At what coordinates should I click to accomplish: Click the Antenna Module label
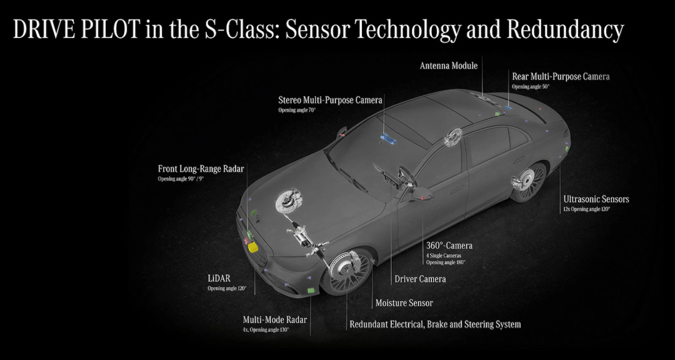pyautogui.click(x=449, y=66)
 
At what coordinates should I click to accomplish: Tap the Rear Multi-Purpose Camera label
pyautogui.click(x=561, y=77)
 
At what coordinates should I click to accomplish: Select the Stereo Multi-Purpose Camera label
pyautogui.click(x=330, y=101)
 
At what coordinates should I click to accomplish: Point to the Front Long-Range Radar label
pyautogui.click(x=201, y=169)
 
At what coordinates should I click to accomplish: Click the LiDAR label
pyautogui.click(x=219, y=279)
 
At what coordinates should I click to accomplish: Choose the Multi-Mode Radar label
pyautogui.click(x=274, y=320)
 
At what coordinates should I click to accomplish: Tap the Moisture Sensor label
pyautogui.click(x=404, y=303)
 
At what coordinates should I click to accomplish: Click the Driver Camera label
pyautogui.click(x=420, y=279)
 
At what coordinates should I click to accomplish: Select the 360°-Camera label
pyautogui.click(x=449, y=246)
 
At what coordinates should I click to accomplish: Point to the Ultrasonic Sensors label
pyautogui.click(x=596, y=199)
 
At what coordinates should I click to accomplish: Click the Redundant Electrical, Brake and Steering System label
pyautogui.click(x=435, y=324)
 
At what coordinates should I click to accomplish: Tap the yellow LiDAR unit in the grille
pyautogui.click(x=252, y=246)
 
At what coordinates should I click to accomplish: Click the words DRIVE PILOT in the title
pyautogui.click(x=77, y=29)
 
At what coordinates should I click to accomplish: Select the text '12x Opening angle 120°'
pyautogui.click(x=587, y=209)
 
